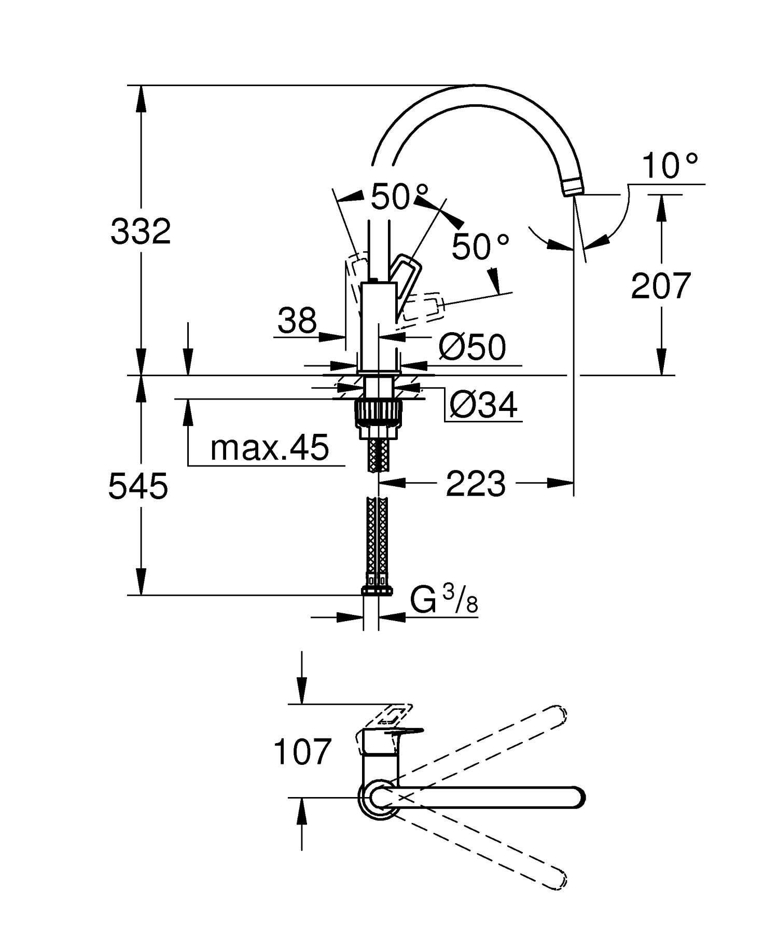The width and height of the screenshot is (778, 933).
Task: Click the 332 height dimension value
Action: click(141, 231)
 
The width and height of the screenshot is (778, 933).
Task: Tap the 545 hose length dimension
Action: click(138, 487)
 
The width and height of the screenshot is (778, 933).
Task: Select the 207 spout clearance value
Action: click(661, 285)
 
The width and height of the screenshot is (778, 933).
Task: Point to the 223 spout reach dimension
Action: click(475, 484)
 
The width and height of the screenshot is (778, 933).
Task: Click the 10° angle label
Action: click(669, 166)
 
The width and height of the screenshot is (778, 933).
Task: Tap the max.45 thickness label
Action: click(270, 447)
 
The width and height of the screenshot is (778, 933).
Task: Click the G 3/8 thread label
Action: click(444, 601)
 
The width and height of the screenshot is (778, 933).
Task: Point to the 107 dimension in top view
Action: click(302, 752)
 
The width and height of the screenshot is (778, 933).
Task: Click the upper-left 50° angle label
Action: click(399, 197)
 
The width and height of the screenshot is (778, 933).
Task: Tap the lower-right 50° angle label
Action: click(480, 246)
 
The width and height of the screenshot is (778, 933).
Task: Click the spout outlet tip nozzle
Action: click(572, 186)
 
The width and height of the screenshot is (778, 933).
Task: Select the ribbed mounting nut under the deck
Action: click(378, 413)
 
